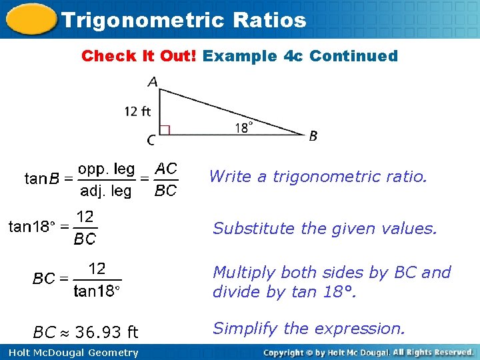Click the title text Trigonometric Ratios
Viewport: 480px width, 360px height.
pyautogui.click(x=183, y=20)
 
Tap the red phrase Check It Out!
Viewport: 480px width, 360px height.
pyautogui.click(x=139, y=56)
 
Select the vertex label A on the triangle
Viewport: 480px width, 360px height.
pyautogui.click(x=153, y=82)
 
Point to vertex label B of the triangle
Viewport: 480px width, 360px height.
pyautogui.click(x=313, y=136)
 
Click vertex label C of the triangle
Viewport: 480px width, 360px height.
pyautogui.click(x=151, y=141)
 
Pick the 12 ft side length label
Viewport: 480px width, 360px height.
pyautogui.click(x=137, y=111)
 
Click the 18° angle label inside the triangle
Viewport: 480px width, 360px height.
pyautogui.click(x=244, y=127)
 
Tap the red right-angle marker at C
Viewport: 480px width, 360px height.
pyautogui.click(x=165, y=129)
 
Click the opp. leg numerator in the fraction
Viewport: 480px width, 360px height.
pyautogui.click(x=107, y=169)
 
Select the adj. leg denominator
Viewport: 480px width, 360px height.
pyautogui.click(x=106, y=191)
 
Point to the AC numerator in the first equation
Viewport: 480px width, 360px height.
pyautogui.click(x=166, y=169)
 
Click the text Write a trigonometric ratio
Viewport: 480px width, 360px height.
pyautogui.click(x=316, y=177)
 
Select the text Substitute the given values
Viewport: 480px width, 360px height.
pyautogui.click(x=325, y=229)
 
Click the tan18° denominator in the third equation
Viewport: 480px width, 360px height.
pyautogui.click(x=97, y=291)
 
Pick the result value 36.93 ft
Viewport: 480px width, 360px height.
pyautogui.click(x=107, y=332)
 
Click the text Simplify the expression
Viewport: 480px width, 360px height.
pyautogui.click(x=308, y=329)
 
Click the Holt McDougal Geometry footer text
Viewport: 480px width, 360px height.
pyautogui.click(x=69, y=353)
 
